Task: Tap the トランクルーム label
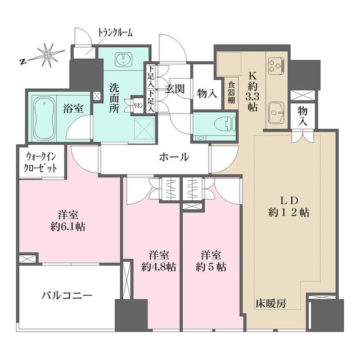115,32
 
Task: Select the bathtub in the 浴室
44,118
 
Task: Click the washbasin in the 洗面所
123,60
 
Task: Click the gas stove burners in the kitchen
277,65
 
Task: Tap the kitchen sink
276,112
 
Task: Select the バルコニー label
66,294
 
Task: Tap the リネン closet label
137,104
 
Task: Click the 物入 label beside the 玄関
206,92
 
